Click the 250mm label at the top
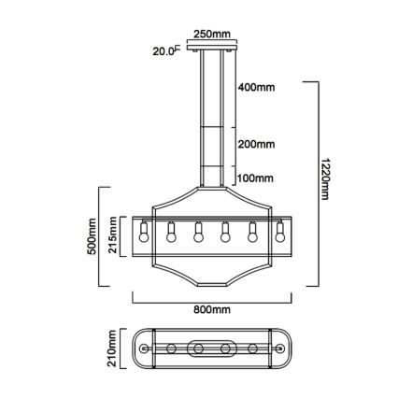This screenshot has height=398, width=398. pyautogui.click(x=211, y=35)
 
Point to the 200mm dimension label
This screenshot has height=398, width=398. pyautogui.click(x=256, y=145)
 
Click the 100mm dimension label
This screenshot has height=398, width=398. pyautogui.click(x=255, y=178)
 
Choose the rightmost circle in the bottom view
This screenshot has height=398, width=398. pyautogui.click(x=279, y=349)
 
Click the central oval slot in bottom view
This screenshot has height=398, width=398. pyautogui.click(x=211, y=349)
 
